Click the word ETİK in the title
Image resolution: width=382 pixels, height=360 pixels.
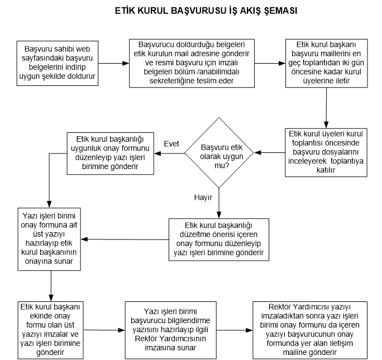coord(125,11)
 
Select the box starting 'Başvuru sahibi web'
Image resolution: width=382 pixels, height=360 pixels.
coord(58,63)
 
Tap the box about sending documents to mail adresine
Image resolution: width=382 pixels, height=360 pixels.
coord(192,63)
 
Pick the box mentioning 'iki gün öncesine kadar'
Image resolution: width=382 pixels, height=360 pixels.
coord(327,63)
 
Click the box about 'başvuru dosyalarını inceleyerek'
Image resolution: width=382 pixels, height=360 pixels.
coord(326,152)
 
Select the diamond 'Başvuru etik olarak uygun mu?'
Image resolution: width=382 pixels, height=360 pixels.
coord(219,153)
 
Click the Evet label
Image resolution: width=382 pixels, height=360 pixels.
coord(171,144)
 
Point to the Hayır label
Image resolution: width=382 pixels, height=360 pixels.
coord(203,197)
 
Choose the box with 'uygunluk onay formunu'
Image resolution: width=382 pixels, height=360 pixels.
coord(111,153)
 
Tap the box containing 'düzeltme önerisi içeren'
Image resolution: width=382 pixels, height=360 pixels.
coord(219,239)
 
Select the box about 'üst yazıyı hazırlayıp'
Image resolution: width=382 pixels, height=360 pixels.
coord(49,239)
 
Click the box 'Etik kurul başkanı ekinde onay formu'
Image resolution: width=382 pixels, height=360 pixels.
coord(50,330)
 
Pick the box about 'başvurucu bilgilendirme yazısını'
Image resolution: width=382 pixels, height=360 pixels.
coord(170,330)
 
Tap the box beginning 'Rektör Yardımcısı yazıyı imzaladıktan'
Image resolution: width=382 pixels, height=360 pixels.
coord(310,330)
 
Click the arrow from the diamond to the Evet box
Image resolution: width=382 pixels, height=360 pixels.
coord(169,153)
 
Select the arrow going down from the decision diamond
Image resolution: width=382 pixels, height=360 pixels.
coord(219,203)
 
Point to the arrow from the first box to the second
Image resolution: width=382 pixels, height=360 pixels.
coord(114,63)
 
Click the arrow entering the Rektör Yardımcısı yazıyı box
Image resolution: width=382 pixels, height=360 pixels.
coord(235,330)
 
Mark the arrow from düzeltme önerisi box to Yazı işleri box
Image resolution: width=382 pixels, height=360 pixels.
coord(125,239)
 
